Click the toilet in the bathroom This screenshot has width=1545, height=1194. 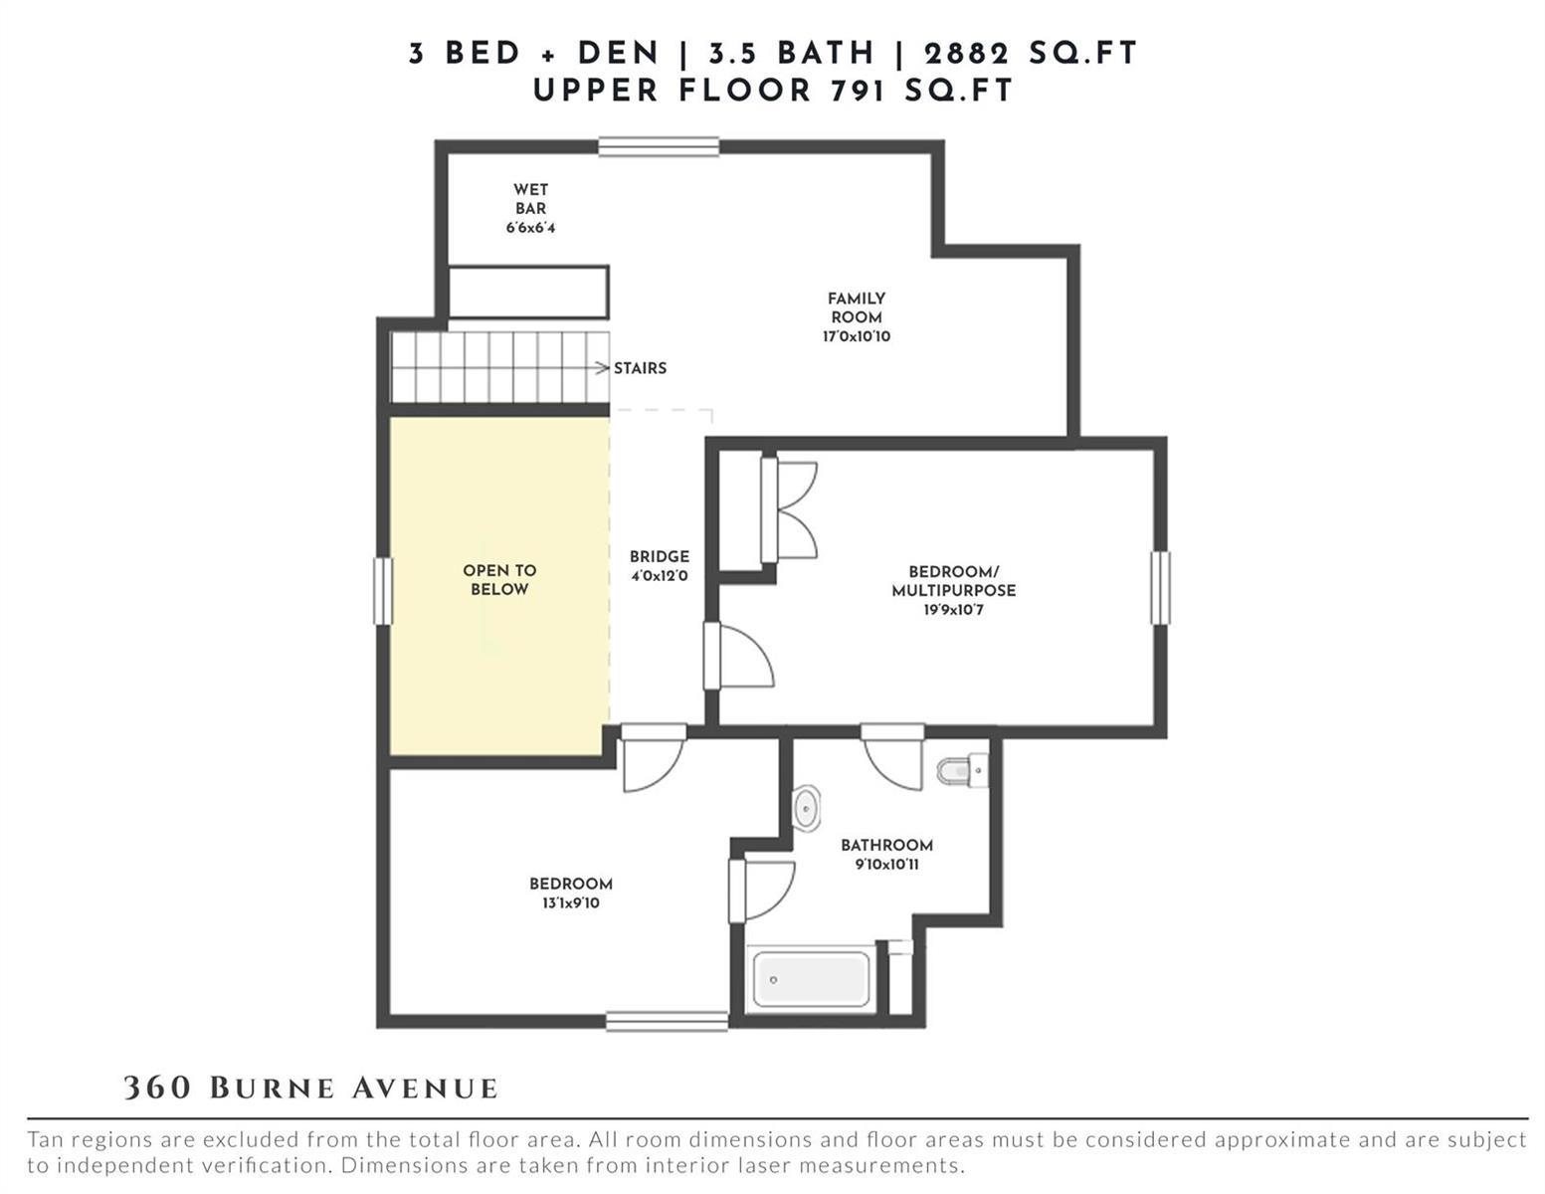[x=963, y=771]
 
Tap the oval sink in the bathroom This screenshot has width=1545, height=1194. [x=806, y=808]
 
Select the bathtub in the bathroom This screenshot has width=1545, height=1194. [x=811, y=979]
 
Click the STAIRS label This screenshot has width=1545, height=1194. [x=640, y=368]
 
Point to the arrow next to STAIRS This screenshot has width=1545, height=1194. [x=602, y=368]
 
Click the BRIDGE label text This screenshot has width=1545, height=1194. [x=660, y=556]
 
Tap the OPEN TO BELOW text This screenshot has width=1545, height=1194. [x=499, y=579]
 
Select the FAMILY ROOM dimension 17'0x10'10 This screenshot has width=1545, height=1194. [x=856, y=336]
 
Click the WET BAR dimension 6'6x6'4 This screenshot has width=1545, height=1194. [x=530, y=228]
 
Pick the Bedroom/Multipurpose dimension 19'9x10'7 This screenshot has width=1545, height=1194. [x=953, y=610]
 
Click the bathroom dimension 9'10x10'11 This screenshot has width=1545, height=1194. [x=886, y=865]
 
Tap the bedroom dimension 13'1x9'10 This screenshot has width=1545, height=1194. [x=571, y=903]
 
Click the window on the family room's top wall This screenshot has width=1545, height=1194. [x=659, y=146]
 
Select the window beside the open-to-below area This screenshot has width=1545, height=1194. [x=382, y=591]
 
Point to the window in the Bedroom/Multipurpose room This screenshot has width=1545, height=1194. [x=1160, y=588]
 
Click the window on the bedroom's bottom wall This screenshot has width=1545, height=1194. [x=667, y=1021]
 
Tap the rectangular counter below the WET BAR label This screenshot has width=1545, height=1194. [x=528, y=293]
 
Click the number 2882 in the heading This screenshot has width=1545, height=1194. [x=966, y=54]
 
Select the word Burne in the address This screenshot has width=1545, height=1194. [x=272, y=1089]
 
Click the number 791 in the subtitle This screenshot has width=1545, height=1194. [x=859, y=91]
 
